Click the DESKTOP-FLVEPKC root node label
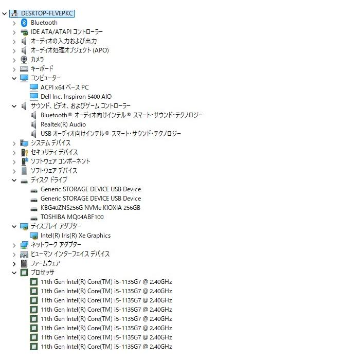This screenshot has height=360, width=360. tap(47, 13)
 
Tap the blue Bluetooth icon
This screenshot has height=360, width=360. tap(24, 23)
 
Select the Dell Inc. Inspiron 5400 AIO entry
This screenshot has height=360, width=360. tap(76, 97)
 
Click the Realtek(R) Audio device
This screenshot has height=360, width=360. tap(63, 124)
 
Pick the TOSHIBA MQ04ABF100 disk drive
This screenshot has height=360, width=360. tap(72, 217)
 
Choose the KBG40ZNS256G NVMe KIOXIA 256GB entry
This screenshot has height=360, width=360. tap(90, 208)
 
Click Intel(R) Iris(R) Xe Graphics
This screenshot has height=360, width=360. tap(76, 236)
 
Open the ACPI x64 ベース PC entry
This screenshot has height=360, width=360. tap(64, 87)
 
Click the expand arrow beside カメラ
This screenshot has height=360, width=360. tap(14, 60)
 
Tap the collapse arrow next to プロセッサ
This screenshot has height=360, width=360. tap(14, 273)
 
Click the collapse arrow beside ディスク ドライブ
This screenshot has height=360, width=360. tap(14, 180)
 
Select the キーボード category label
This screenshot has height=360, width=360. tap(42, 68)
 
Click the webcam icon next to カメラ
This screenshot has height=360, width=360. tap(24, 60)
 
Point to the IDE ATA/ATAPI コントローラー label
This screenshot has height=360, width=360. tap(67, 32)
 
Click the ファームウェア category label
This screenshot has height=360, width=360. tap(45, 263)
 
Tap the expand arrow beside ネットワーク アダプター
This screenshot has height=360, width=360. tap(14, 245)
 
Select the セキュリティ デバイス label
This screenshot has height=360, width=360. tap(54, 152)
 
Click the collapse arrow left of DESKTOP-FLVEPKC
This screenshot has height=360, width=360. tap(4, 14)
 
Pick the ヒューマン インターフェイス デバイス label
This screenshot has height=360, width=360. tap(70, 254)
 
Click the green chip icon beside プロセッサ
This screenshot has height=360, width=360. tap(24, 273)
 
